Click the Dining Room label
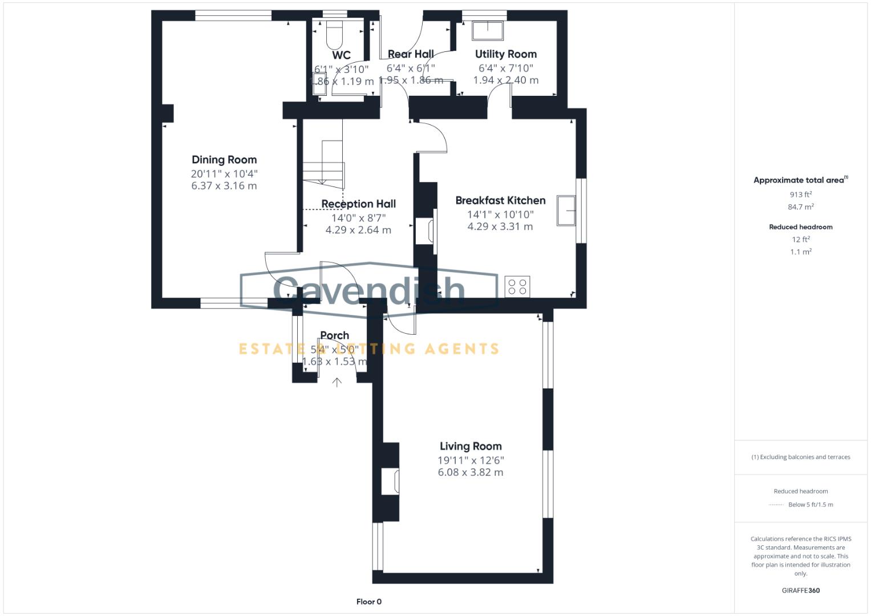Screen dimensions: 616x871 [224, 160]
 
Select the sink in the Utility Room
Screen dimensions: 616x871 [488, 31]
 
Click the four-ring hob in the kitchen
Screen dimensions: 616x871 [517, 286]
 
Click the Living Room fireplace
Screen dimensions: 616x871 [392, 480]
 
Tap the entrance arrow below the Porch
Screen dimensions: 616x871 [337, 382]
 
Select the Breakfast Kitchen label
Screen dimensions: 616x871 [500, 200]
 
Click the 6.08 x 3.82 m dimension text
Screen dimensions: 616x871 [471, 472]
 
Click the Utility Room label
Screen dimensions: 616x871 [506, 54]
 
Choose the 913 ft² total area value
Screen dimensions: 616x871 [800, 194]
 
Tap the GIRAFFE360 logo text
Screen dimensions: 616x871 [800, 590]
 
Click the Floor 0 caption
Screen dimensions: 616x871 [369, 602]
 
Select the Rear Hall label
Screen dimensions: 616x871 [411, 54]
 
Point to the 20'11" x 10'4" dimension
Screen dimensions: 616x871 [224, 173]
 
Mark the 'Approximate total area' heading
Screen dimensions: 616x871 [800, 180]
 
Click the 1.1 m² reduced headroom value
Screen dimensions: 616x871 [800, 252]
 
